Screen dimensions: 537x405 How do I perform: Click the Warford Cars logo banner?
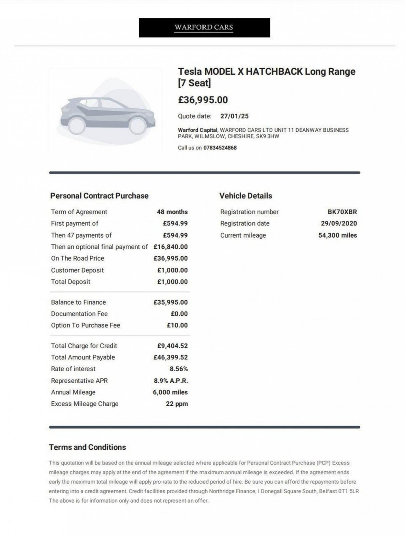[x=204, y=27]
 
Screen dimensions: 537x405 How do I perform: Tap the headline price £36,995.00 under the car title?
[x=203, y=100]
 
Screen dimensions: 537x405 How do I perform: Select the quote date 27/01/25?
[x=235, y=116]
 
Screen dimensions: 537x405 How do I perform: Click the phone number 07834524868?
[x=220, y=148]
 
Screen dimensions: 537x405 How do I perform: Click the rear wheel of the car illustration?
[x=76, y=125]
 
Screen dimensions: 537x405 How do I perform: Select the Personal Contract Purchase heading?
[x=99, y=196]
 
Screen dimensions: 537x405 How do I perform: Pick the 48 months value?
[x=172, y=212]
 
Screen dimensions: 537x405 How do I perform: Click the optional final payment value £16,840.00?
[x=170, y=247]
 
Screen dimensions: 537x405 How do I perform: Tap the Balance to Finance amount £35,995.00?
[x=170, y=302]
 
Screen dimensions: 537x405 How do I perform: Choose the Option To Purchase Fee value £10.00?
[x=177, y=325]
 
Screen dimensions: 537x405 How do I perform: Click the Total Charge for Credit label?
[x=84, y=346]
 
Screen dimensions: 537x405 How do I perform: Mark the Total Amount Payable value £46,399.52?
[x=170, y=357]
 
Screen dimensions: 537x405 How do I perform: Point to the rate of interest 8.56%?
[x=179, y=369]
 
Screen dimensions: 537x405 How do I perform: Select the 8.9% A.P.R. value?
[x=171, y=381]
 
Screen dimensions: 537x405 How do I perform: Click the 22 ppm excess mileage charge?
[x=177, y=404]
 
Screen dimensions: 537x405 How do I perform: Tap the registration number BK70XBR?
[x=342, y=212]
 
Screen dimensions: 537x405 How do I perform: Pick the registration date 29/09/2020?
[x=339, y=223]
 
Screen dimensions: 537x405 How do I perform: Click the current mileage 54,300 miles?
[x=337, y=235]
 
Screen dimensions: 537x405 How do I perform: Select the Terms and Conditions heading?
[x=87, y=447]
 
